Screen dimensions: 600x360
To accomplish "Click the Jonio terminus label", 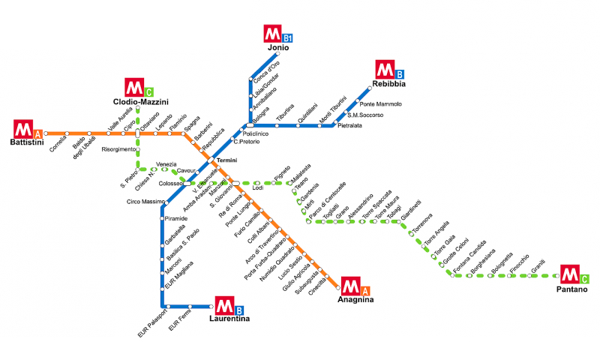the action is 278,48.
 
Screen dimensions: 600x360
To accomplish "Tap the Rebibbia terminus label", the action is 388,84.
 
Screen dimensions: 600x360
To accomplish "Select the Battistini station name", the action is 27,142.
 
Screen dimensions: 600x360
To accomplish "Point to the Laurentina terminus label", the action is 229,319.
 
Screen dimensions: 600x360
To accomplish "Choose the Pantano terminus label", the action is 572,289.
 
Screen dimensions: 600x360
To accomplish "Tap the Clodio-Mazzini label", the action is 141,101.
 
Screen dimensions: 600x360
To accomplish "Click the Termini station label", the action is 226,160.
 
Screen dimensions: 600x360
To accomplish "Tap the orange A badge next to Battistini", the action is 37,129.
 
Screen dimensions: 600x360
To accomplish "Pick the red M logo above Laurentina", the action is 223,305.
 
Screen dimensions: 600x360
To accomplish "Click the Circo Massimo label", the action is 145,201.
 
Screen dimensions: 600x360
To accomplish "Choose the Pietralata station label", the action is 349,126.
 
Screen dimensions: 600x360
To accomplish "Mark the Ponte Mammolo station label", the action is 381,103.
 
